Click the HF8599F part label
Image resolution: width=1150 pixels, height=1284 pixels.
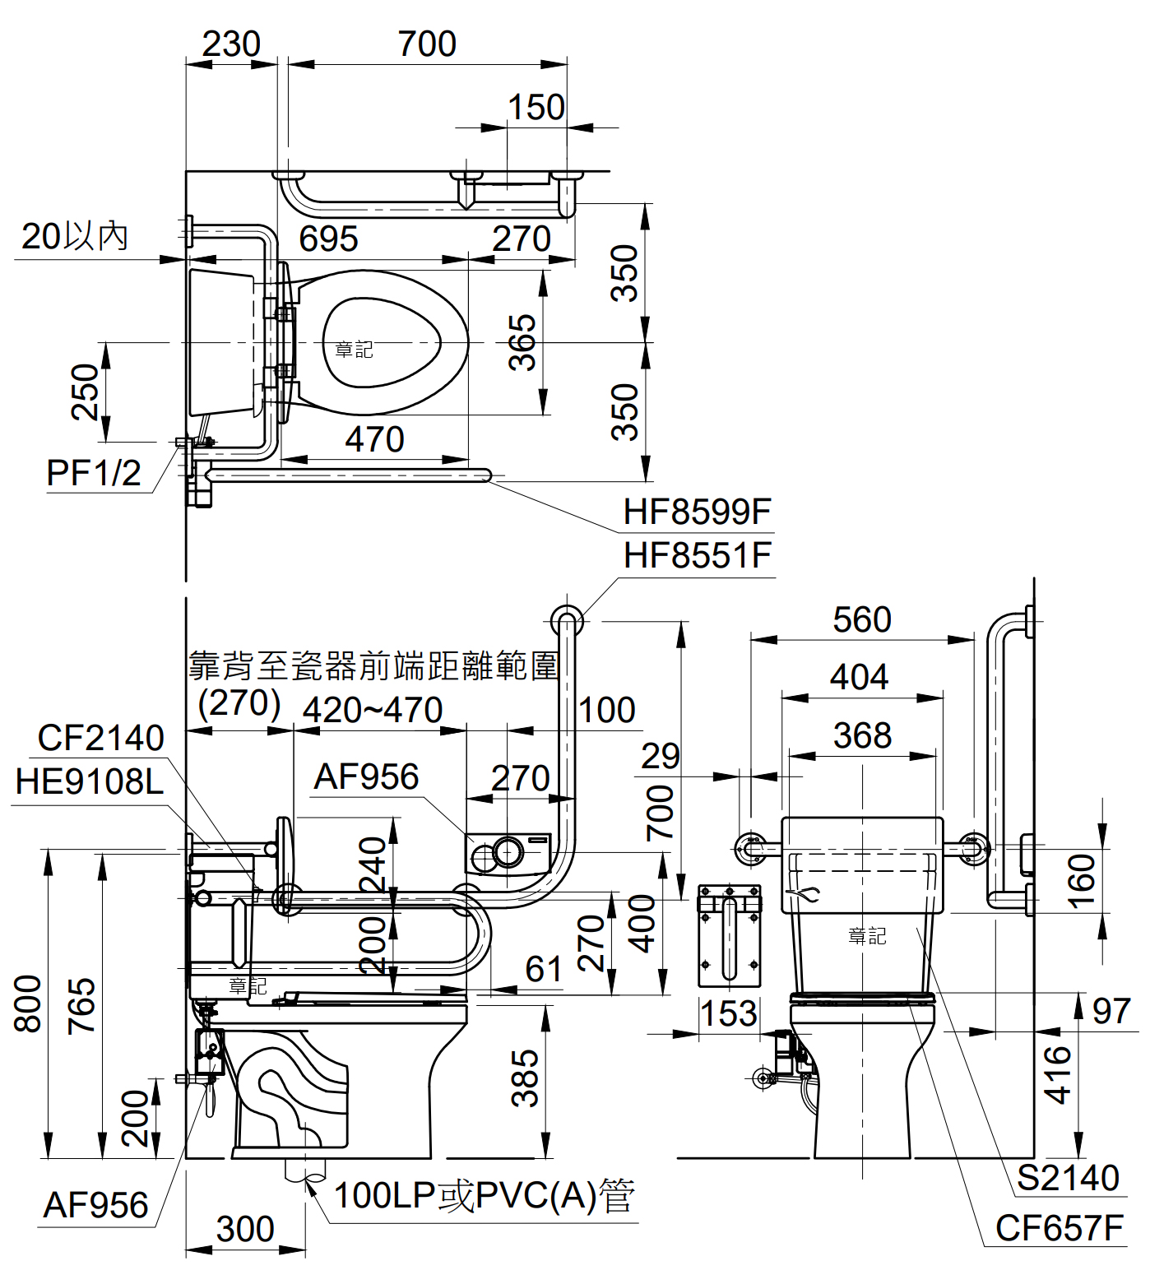point(697,512)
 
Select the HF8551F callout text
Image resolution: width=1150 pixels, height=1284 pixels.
point(697,555)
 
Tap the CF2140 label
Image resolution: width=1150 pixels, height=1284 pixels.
point(100,738)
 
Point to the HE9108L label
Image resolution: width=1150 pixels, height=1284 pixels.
point(90,781)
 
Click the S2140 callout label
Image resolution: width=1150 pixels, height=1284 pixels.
point(1068,1178)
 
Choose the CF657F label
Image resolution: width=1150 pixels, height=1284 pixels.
point(1060,1228)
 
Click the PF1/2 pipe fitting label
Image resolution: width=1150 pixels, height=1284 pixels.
point(94,473)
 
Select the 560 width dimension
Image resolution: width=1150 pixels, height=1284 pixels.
point(861,619)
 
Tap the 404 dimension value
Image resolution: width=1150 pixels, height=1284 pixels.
point(859,677)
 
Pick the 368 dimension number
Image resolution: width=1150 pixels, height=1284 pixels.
point(862,735)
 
